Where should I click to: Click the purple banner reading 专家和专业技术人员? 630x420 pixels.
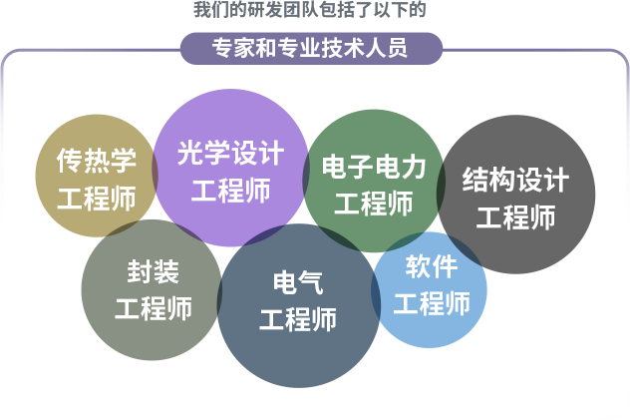click(311, 49)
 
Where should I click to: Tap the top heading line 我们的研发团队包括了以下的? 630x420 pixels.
click(309, 10)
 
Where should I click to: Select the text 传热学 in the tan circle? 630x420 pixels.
click(97, 161)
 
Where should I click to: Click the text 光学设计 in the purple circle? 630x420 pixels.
click(230, 153)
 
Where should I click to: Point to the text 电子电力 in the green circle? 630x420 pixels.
click(374, 167)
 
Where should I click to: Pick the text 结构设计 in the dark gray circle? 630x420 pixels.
click(515, 180)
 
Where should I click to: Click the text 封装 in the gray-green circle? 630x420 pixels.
click(154, 271)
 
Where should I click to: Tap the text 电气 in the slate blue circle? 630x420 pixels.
click(298, 282)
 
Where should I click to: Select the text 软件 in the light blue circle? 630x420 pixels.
click(432, 266)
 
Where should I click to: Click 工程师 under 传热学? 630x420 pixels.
click(97, 199)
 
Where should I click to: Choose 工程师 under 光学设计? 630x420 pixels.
click(230, 191)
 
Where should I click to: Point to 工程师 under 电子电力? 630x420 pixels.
click(374, 204)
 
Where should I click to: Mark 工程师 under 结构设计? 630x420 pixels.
click(515, 217)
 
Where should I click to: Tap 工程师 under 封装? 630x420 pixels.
click(154, 308)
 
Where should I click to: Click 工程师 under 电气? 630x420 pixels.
click(298, 319)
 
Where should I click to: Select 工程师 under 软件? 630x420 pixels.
click(432, 303)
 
